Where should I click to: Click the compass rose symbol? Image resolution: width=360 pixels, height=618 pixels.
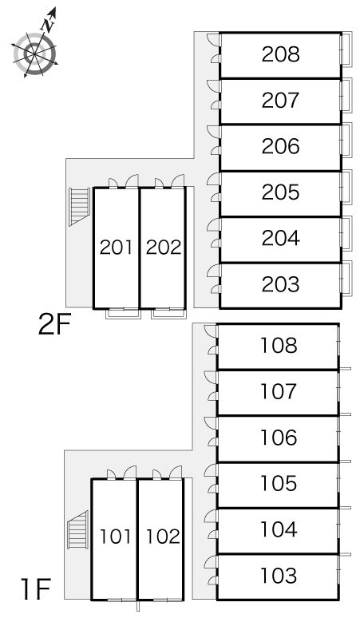click(x=35, y=53)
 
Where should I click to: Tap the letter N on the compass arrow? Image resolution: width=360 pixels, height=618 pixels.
click(x=48, y=26)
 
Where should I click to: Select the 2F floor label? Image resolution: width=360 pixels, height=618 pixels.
click(x=54, y=324)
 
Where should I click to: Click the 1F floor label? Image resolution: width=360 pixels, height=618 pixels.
click(x=37, y=588)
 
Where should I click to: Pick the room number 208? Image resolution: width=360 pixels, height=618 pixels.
click(x=280, y=54)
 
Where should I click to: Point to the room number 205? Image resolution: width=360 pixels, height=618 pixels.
click(x=280, y=192)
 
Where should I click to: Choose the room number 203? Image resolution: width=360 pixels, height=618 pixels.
click(x=280, y=284)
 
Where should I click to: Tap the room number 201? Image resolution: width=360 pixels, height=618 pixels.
click(x=116, y=248)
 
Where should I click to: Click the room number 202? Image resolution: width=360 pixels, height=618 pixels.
click(x=164, y=248)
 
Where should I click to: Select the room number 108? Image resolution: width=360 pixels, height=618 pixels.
click(x=279, y=346)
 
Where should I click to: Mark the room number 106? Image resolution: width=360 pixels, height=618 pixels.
click(x=279, y=438)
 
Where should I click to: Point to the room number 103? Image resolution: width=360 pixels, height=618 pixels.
click(x=279, y=576)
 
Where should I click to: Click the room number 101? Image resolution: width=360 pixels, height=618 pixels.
click(x=115, y=537)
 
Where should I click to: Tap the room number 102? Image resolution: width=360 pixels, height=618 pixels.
click(x=163, y=537)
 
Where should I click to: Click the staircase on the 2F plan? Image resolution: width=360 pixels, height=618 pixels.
click(x=80, y=207)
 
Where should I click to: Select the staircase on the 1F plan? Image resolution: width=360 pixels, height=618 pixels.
click(x=77, y=529)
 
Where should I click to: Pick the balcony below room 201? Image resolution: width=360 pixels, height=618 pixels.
click(x=123, y=313)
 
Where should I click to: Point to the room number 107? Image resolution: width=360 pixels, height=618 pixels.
click(x=279, y=392)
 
